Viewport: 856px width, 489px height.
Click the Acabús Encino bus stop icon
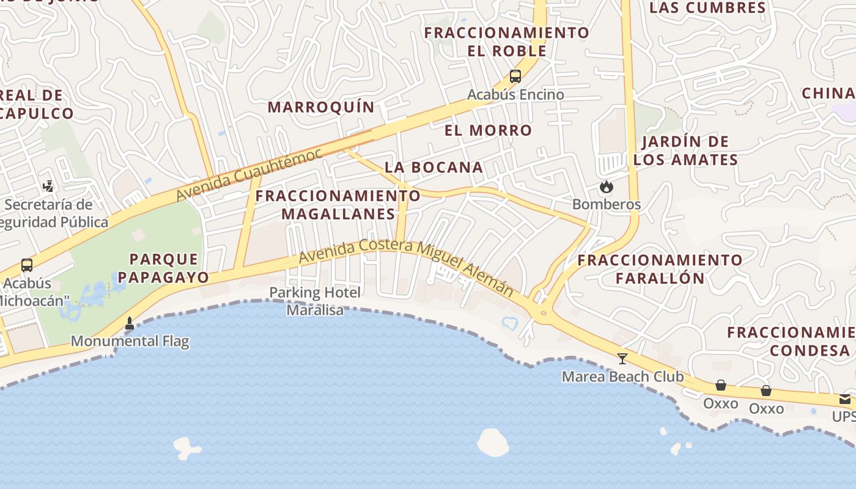(x=515, y=76)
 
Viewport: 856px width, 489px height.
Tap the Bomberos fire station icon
(x=607, y=186)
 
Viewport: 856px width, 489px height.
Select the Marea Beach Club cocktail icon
(x=622, y=358)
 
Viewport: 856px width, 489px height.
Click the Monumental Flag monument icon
(x=130, y=323)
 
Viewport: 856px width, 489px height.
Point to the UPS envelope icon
(x=845, y=399)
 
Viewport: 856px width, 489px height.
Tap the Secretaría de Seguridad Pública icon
(x=48, y=186)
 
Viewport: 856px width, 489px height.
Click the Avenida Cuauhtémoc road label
(x=249, y=174)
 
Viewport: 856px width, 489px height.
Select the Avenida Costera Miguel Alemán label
(x=406, y=267)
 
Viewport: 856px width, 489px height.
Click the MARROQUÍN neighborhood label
(x=321, y=107)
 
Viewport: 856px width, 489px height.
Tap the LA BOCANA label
(x=434, y=167)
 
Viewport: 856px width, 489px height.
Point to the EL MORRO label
(x=488, y=130)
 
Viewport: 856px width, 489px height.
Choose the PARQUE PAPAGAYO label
(x=163, y=268)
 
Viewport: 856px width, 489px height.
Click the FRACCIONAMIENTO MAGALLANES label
(x=338, y=205)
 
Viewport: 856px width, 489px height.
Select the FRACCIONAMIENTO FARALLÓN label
(x=660, y=269)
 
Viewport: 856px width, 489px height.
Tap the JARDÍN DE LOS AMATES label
(x=685, y=151)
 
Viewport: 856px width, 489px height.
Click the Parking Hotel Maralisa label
(x=315, y=301)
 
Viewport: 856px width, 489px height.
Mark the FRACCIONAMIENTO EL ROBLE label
(x=507, y=41)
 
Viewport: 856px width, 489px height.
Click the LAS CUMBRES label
(x=707, y=8)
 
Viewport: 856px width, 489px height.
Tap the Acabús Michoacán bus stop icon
(x=27, y=265)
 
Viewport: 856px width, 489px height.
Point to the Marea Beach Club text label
(x=622, y=377)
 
